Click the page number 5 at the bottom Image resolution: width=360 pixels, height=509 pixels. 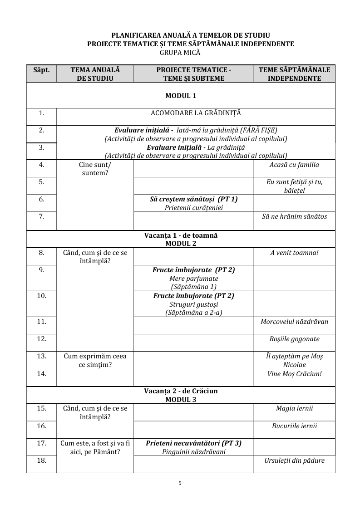[180, 483]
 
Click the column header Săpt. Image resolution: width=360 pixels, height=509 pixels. [41, 70]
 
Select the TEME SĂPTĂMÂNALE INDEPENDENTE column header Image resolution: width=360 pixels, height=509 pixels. [294, 74]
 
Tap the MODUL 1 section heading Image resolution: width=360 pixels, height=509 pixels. [181, 96]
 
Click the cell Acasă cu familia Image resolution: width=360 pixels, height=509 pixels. [294, 165]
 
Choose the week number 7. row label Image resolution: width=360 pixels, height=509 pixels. [41, 216]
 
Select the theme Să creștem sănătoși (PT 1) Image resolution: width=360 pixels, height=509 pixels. [194, 199]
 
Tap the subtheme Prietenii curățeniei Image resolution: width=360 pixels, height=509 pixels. [194, 208]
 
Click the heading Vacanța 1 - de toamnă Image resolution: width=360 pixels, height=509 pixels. [181, 236]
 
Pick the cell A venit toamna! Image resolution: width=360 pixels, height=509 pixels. [294, 252]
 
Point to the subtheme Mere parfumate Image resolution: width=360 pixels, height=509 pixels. [194, 278]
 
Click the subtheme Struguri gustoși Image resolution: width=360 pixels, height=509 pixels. [194, 304]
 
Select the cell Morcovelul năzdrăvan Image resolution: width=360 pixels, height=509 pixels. [294, 322]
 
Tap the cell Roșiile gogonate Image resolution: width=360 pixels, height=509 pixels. [294, 339]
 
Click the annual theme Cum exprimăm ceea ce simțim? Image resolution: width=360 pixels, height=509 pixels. [95, 360]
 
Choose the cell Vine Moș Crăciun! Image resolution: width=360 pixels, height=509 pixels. [294, 374]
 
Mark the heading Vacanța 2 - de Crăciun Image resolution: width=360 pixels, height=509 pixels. [181, 391]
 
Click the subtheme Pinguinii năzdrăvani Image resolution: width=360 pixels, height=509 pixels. [194, 452]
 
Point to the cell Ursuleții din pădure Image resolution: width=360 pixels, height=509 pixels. [294, 460]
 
